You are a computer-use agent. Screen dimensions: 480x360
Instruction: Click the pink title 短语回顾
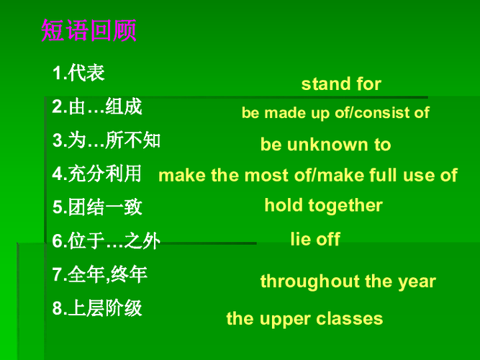[89, 30]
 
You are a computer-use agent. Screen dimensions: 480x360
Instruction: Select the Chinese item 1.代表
[78, 73]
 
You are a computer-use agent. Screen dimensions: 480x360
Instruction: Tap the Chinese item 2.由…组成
[97, 107]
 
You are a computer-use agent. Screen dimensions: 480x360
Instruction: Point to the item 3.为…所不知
[107, 140]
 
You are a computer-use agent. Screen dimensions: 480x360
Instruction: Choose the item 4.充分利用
[96, 174]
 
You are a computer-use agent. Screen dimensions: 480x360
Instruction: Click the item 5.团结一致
[97, 207]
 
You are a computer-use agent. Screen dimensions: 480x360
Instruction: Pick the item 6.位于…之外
[106, 240]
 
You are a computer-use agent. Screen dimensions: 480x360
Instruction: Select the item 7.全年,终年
[100, 274]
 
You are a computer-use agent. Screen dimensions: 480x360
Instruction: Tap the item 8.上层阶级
[97, 308]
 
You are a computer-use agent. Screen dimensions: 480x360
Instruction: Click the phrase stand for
[341, 84]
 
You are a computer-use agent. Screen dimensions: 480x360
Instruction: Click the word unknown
[327, 144]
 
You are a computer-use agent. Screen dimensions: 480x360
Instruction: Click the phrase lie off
[315, 239]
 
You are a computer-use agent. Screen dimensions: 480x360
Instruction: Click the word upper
[285, 319]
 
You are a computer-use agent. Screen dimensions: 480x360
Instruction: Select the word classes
[349, 319]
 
